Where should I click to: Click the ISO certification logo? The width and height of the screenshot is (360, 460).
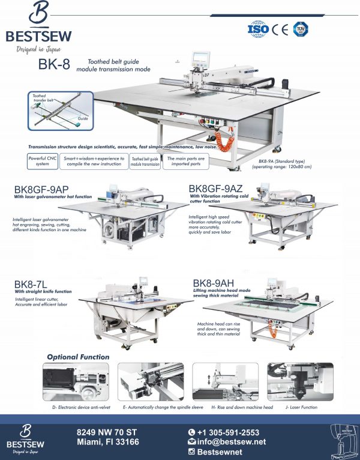[258, 28]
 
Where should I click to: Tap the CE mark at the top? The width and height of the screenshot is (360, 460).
[280, 28]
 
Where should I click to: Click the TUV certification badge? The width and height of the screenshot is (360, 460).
[300, 28]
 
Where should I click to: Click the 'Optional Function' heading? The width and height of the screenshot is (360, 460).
[78, 357]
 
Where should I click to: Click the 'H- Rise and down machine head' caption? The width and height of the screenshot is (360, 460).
[225, 407]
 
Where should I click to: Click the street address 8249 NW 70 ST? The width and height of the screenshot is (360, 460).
[107, 432]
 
